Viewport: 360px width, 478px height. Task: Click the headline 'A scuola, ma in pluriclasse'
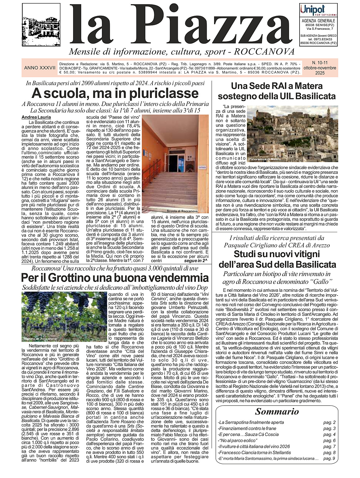115,93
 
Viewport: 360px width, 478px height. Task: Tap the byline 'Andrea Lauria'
36,117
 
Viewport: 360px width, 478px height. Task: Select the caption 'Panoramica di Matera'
265,159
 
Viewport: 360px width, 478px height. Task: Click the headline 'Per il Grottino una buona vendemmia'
115,278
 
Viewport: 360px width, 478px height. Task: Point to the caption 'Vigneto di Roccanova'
40,339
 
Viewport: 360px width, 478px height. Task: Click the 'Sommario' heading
277,411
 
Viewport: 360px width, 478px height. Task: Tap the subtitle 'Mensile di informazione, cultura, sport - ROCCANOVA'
181,51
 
